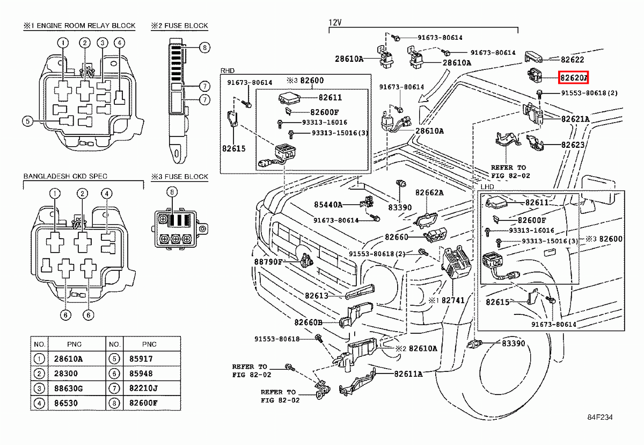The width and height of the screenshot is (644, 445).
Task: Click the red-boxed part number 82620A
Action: (x=574, y=77)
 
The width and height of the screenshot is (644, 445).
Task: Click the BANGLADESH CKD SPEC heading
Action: (x=65, y=176)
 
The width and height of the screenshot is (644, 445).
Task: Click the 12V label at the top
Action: (x=335, y=23)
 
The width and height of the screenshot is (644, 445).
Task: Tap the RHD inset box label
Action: (x=228, y=70)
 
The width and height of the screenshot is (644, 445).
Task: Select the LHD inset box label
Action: (x=487, y=186)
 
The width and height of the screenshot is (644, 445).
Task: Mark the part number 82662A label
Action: (x=429, y=192)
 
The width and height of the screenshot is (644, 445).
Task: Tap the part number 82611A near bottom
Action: (x=408, y=374)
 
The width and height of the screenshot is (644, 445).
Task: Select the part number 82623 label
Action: (x=573, y=145)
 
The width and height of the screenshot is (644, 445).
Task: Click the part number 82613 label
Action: (x=316, y=295)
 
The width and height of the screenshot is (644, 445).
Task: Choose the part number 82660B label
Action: (x=308, y=322)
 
